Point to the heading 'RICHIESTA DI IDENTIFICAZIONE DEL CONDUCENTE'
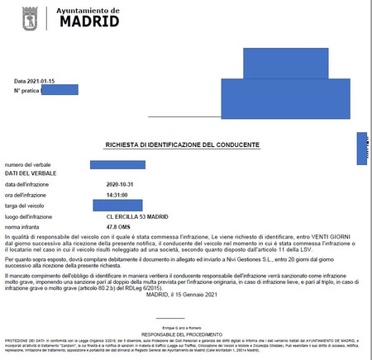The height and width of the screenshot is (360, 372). click(182, 144)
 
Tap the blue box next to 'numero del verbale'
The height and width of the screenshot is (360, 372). click(117, 165)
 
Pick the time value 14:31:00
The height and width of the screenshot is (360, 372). click(121, 195)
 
